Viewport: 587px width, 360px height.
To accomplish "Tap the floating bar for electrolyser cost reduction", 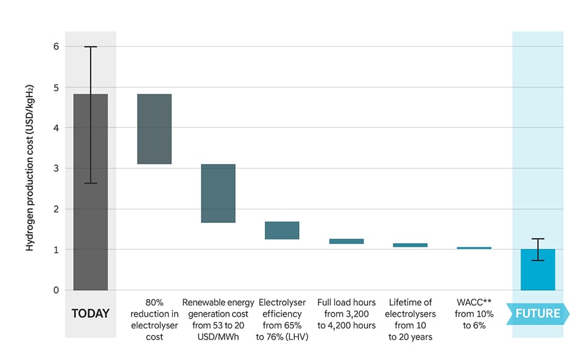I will click(155, 129).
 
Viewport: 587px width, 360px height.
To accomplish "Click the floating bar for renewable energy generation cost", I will click(218, 193).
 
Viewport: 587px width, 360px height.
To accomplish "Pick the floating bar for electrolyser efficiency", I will click(282, 230).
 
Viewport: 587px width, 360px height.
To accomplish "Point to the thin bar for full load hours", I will click(346, 241).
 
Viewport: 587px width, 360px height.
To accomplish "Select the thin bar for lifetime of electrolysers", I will click(410, 245).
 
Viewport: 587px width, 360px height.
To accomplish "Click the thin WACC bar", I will click(474, 248).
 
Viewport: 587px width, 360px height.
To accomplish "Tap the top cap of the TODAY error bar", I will click(90, 47).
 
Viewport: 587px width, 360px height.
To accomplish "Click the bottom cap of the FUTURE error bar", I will click(538, 261).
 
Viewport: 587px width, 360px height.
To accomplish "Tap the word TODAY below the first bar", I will click(90, 314).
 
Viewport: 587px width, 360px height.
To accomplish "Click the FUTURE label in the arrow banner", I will click(538, 314).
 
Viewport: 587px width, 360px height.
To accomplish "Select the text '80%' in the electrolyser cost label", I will click(155, 303).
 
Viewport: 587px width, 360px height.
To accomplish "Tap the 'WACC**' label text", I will click(474, 303).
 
